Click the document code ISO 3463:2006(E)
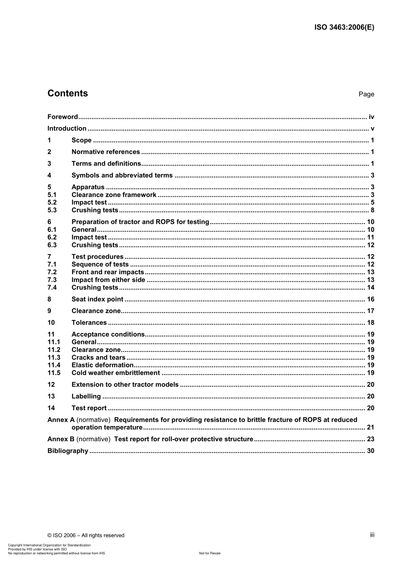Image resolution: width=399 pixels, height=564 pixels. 344,27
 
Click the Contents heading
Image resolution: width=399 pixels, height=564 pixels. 68,94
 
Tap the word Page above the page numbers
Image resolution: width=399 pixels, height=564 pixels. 366,94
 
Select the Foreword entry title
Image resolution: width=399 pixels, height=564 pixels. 63,117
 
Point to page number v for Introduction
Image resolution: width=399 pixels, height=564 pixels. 372,129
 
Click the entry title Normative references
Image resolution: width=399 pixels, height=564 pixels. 105,152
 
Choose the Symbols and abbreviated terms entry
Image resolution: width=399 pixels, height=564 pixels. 122,176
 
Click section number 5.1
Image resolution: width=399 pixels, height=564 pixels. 52,195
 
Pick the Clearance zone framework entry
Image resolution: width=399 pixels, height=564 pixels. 114,195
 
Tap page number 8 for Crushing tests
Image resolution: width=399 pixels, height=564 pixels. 372,211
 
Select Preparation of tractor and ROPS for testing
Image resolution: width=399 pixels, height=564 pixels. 140,222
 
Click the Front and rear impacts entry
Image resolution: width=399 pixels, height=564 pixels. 108,272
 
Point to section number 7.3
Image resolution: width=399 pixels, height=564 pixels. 52,280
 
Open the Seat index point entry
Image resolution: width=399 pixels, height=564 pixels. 97,299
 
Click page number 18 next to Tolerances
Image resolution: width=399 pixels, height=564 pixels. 370,323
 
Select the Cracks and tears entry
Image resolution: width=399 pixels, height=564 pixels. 98,358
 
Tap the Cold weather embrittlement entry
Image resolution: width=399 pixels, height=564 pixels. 115,373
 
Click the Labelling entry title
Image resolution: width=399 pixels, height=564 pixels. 86,397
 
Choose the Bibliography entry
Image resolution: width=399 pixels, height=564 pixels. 68,451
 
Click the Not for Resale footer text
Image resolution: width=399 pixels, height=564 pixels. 210,554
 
